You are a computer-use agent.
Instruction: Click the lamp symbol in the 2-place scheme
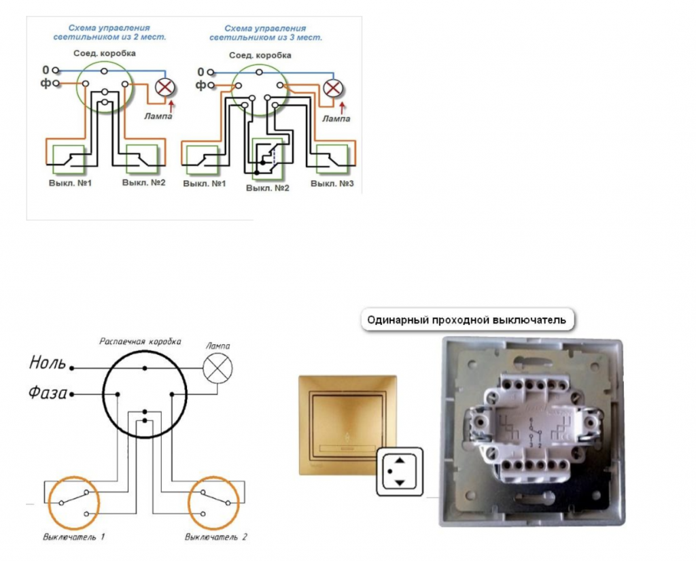pos(164,86)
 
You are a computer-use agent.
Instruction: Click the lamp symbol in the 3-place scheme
pos(332,88)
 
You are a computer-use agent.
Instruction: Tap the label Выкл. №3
pos(332,184)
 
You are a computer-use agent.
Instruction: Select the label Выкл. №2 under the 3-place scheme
pos(267,188)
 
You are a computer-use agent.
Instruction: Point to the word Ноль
pos(48,362)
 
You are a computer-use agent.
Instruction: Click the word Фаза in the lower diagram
pos(48,392)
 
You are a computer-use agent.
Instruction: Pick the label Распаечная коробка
pos(140,341)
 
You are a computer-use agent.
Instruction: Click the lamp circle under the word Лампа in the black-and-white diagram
pos(217,369)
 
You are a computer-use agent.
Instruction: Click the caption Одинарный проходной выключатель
pos(466,320)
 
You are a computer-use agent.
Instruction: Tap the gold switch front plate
pos(347,425)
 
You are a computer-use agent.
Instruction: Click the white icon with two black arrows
pos(400,472)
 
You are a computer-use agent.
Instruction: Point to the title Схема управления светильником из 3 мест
pos(266,33)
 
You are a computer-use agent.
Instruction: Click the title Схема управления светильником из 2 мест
pos(109,33)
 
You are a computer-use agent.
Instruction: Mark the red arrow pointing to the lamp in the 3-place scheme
pos(342,108)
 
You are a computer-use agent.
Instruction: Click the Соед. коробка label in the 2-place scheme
pos(104,53)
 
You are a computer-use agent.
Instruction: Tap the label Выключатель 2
pos(215,537)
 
